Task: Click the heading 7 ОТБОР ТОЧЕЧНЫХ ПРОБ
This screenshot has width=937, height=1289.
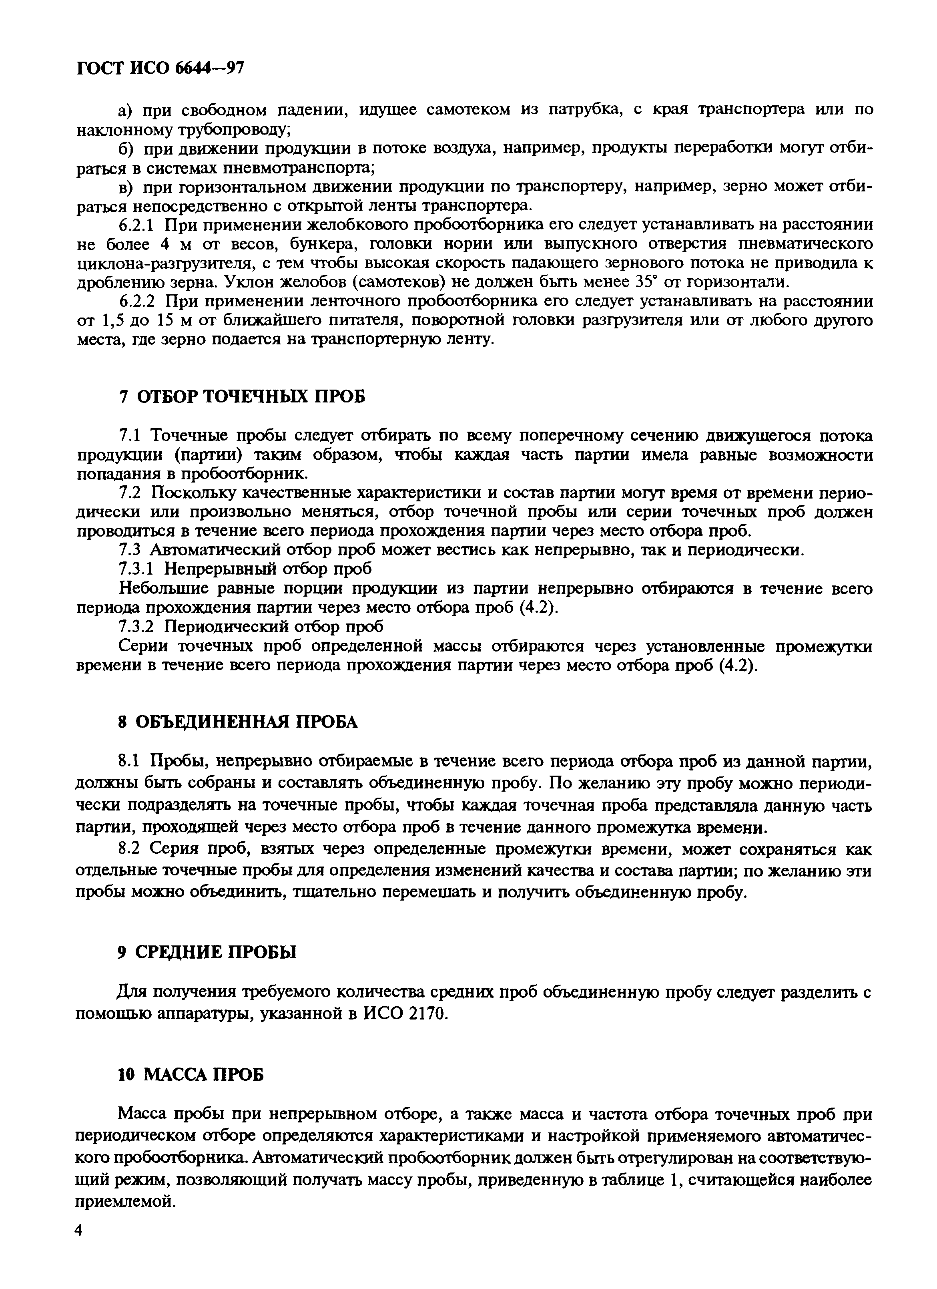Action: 241,396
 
